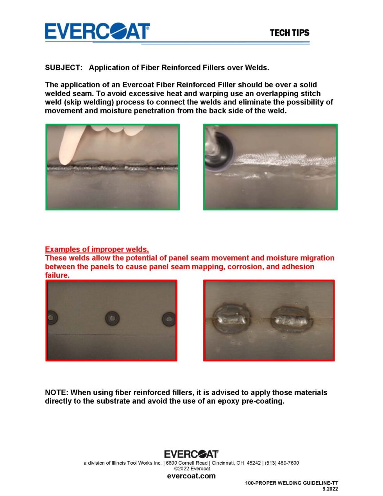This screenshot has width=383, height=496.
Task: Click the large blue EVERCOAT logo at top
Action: click(97, 31)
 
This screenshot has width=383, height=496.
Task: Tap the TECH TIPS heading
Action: click(290, 33)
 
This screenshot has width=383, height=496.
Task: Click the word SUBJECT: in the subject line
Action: click(64, 68)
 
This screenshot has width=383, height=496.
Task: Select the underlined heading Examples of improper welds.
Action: click(97, 249)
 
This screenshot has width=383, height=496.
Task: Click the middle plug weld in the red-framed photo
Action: click(113, 318)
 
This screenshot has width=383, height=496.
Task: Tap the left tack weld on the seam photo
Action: click(232, 318)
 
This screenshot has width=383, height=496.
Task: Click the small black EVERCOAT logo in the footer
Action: click(191, 454)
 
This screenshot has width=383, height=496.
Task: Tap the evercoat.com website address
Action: click(191, 476)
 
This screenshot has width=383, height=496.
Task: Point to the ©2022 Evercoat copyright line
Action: click(192, 469)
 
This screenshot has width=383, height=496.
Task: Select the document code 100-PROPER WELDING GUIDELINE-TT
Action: click(292, 483)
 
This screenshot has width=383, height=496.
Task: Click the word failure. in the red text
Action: click(57, 275)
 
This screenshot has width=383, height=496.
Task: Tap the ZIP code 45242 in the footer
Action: click(254, 463)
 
